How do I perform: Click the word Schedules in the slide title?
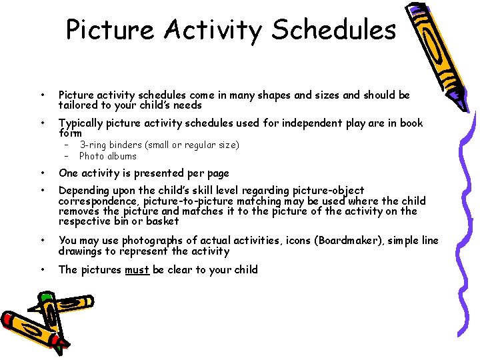(x=334, y=30)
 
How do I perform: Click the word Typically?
(x=81, y=123)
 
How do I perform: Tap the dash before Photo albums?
(x=67, y=156)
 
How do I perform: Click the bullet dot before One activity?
(x=43, y=173)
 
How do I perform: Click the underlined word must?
(x=137, y=269)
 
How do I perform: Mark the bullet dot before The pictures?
(x=43, y=270)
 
